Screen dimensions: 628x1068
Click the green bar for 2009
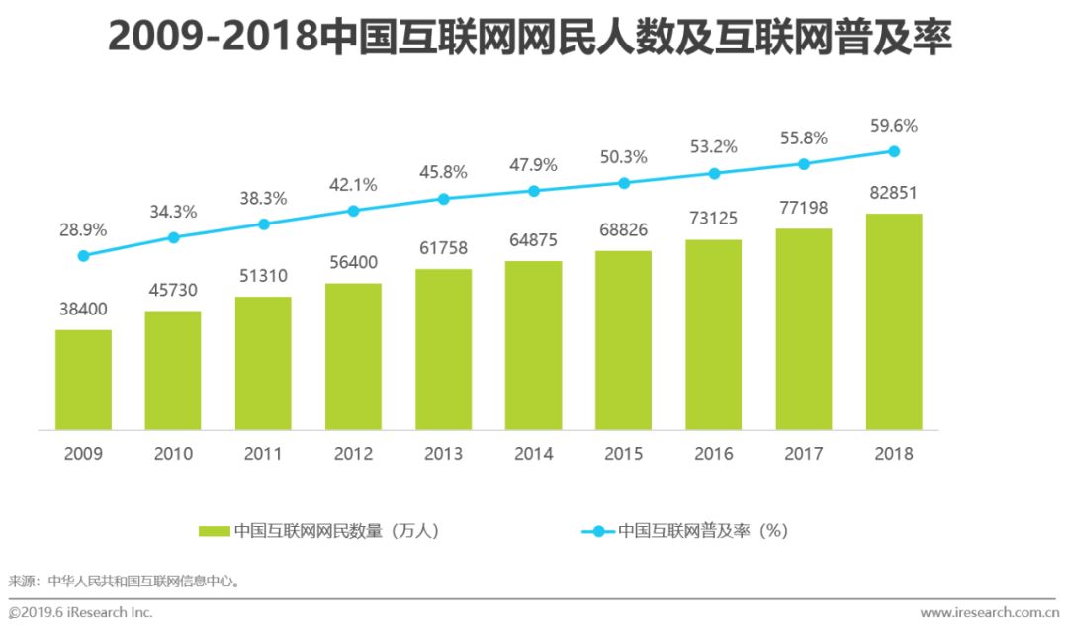click(x=83, y=380)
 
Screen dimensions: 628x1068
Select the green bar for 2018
click(x=894, y=321)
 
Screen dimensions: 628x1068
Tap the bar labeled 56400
click(x=353, y=356)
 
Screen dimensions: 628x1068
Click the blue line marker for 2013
click(x=443, y=199)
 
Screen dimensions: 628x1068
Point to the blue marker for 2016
click(x=714, y=174)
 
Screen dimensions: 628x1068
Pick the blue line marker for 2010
click(x=173, y=237)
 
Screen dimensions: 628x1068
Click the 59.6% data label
click(x=893, y=126)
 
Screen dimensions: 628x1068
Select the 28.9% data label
click(x=82, y=229)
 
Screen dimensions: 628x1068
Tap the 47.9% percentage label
click(x=533, y=165)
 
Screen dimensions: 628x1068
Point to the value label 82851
click(x=894, y=192)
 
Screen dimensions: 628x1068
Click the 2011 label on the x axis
click(x=263, y=454)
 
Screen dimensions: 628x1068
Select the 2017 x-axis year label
click(x=804, y=454)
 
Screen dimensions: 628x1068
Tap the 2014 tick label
click(x=533, y=454)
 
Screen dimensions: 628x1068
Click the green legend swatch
click(x=214, y=531)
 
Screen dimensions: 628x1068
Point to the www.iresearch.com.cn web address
click(x=989, y=613)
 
